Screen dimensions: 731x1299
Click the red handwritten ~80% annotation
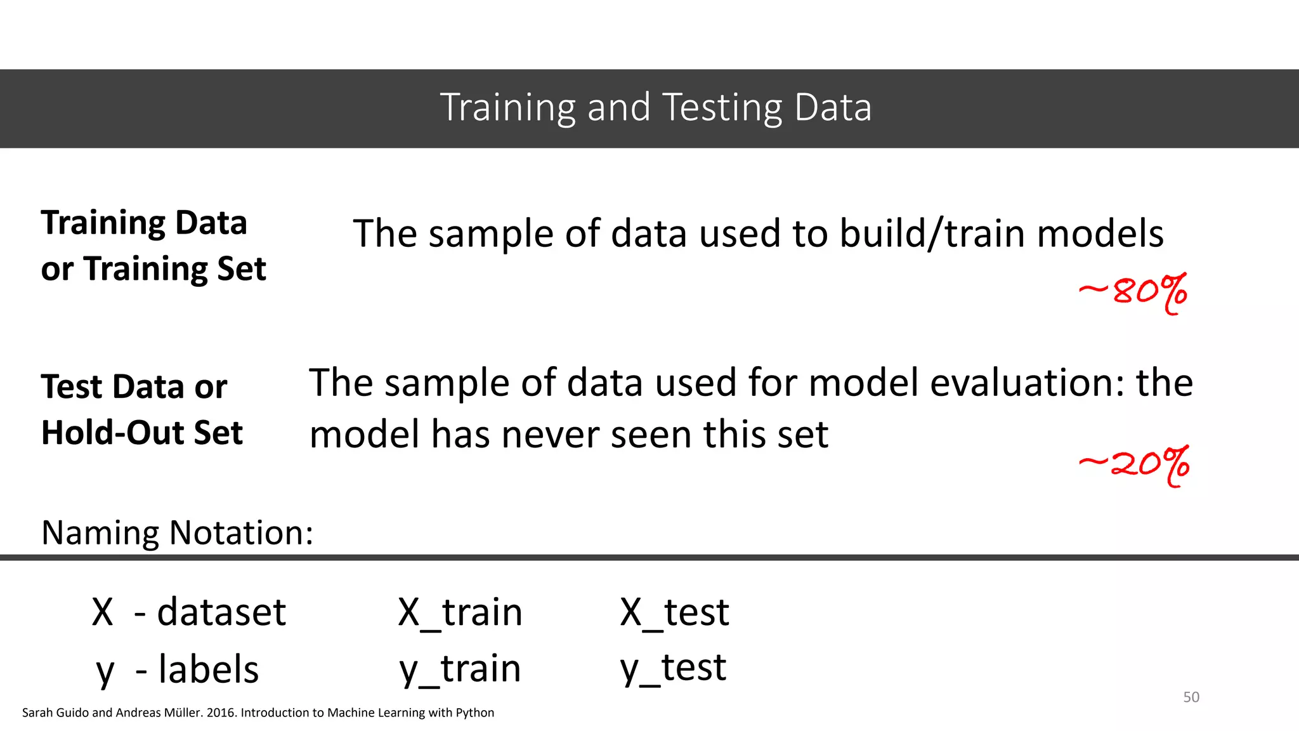pyautogui.click(x=1133, y=293)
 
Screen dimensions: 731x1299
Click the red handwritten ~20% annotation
pyautogui.click(x=1134, y=465)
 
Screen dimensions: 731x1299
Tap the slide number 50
pyautogui.click(x=1191, y=697)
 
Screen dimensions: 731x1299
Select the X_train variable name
pyautogui.click(x=460, y=613)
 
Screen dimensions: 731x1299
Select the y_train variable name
pyautogui.click(x=460, y=669)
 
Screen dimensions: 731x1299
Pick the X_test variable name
pyautogui.click(x=674, y=613)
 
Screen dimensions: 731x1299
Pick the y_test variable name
pyautogui.click(x=673, y=668)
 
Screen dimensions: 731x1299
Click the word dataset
pyautogui.click(x=221, y=613)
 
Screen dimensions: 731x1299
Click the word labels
pyautogui.click(x=209, y=669)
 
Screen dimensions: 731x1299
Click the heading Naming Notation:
pyautogui.click(x=177, y=532)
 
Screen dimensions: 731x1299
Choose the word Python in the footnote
pyautogui.click(x=474, y=713)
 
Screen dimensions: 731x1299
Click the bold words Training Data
pyautogui.click(x=144, y=223)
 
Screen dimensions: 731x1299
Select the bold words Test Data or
pyautogui.click(x=134, y=387)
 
